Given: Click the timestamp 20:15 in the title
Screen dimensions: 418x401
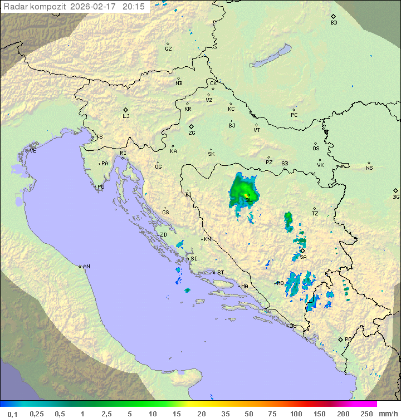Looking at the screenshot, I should (x=133, y=6).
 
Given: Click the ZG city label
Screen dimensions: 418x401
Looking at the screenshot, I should (x=192, y=133).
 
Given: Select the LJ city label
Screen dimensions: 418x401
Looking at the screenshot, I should (x=126, y=116).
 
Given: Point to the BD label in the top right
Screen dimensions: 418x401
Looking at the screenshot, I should (x=334, y=23).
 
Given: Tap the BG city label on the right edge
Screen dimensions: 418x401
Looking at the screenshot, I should (x=396, y=196).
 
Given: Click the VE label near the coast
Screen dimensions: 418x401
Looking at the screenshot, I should (x=33, y=151).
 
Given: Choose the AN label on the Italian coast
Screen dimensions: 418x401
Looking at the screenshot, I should (x=86, y=267).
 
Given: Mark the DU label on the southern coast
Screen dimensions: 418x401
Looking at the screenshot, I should (x=292, y=326).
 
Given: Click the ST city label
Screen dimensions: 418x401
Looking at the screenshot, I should (x=221, y=273).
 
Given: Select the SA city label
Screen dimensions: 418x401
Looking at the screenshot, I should (x=303, y=257).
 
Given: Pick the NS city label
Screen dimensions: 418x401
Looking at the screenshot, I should (x=369, y=168).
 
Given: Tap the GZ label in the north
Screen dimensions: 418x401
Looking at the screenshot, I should (x=168, y=48).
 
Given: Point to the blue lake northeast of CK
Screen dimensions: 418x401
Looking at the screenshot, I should (x=270, y=56).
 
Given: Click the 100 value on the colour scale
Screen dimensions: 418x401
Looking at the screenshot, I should (x=296, y=414).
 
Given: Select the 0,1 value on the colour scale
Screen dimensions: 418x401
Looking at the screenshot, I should (x=12, y=414).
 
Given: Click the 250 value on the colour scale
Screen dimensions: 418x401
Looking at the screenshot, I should (x=366, y=414).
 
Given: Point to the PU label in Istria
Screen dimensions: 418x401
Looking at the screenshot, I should (x=101, y=187).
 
